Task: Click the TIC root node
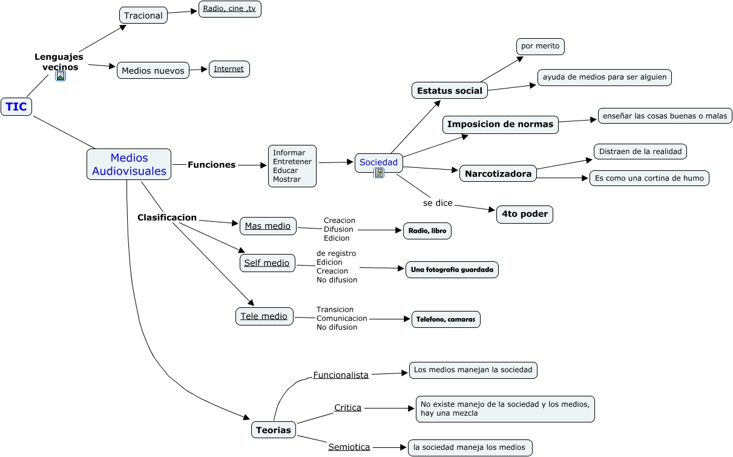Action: [x=16, y=107]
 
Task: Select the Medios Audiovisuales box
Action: [x=129, y=164]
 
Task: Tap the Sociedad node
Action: [x=379, y=162]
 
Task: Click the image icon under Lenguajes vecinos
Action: [x=61, y=76]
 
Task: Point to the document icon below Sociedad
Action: [x=379, y=173]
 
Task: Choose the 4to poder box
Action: [x=525, y=214]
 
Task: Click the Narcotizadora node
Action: [x=498, y=173]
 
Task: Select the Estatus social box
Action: [x=450, y=90]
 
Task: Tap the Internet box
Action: [x=229, y=68]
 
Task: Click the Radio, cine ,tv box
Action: [x=229, y=8]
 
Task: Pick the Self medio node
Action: [x=267, y=262]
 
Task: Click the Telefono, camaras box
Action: [x=445, y=319]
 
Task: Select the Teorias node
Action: [x=274, y=430]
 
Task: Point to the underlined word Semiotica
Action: [x=349, y=447]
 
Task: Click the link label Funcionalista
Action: [x=341, y=375]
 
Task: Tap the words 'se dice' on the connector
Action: [x=438, y=202]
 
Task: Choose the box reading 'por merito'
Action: [x=540, y=46]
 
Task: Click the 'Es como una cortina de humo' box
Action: [x=649, y=178]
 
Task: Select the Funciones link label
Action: [x=211, y=164]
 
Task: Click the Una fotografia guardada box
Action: [x=452, y=269]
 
